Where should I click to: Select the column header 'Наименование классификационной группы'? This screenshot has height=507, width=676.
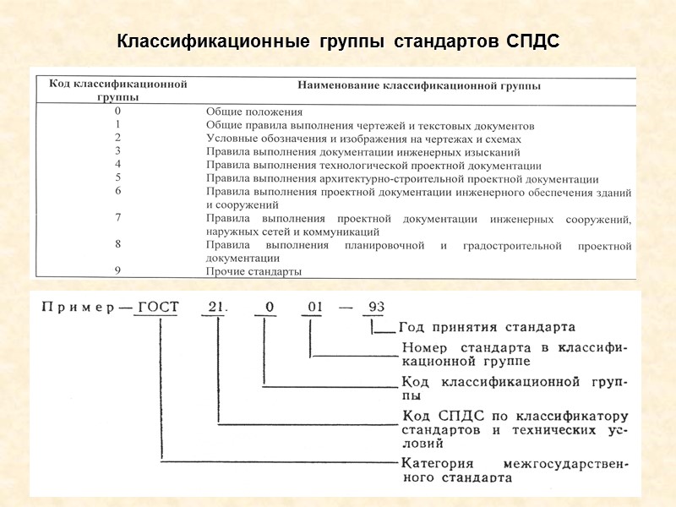(419, 85)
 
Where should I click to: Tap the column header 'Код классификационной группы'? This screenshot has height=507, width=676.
(117, 90)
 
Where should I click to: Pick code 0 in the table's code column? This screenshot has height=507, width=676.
(118, 111)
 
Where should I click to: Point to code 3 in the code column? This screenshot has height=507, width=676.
(118, 151)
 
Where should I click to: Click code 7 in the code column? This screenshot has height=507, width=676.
(118, 218)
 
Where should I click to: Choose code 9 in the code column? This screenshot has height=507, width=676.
(118, 271)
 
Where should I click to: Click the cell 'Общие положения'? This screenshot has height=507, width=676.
(254, 112)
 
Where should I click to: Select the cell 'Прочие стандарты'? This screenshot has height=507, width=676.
(254, 271)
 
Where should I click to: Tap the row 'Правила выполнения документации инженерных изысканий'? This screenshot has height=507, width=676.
(363, 152)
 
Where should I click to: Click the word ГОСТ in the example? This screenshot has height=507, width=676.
(158, 307)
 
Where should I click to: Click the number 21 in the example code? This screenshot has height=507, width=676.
(218, 307)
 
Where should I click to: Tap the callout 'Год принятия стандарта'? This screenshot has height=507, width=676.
(488, 327)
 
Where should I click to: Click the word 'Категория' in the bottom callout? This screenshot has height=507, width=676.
(439, 463)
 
